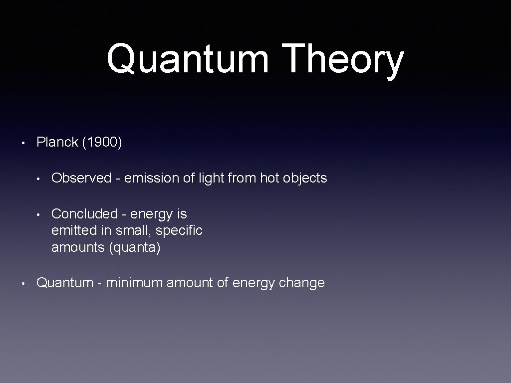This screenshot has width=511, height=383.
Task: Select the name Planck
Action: pyautogui.click(x=57, y=142)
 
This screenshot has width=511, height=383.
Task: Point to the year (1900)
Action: pyautogui.click(x=102, y=142)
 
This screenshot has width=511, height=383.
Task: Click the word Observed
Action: pyautogui.click(x=81, y=178)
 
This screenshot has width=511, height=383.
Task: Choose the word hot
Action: pyautogui.click(x=269, y=178)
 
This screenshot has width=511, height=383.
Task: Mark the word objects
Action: pyautogui.click(x=305, y=178)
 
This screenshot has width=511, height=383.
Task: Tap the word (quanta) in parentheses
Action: pyautogui.click(x=135, y=247)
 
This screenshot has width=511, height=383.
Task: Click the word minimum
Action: pyautogui.click(x=134, y=283)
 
